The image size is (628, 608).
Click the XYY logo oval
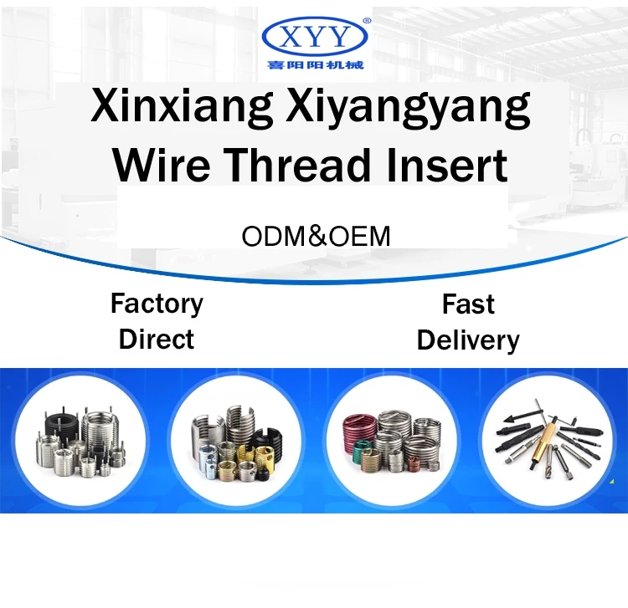[x=314, y=36]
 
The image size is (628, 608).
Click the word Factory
[x=157, y=303]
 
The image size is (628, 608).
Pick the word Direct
[x=157, y=339]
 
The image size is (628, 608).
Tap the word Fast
[x=468, y=304]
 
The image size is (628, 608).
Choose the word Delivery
[x=468, y=340]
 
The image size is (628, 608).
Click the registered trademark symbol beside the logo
[x=365, y=18]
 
